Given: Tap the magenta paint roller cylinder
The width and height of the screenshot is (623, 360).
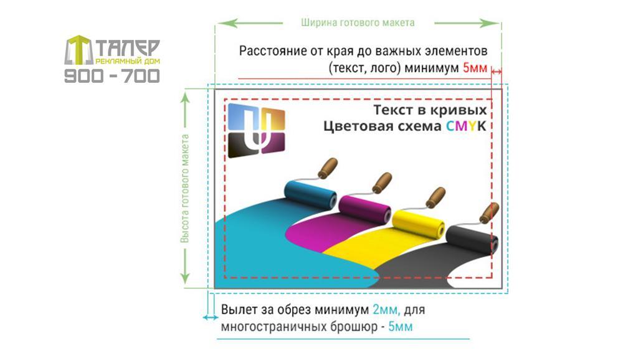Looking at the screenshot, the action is point(364,209).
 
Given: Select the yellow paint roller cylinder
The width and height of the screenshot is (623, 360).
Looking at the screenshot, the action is point(419,224).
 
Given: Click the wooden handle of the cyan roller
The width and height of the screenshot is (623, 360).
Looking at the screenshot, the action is point(328,168).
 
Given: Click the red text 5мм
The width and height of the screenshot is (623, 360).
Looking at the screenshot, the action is point(475,69).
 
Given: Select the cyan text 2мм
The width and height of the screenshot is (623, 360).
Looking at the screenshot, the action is point(386,310).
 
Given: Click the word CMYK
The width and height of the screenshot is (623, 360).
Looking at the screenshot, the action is point(466,126).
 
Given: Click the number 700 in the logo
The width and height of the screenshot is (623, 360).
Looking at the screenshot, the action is point(141,75).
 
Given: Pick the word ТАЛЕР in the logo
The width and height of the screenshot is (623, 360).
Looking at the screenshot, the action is point(128,48).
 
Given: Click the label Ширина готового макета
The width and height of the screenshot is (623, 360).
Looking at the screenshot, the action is point(358,22).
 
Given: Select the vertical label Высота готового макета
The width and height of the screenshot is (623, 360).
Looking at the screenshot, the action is point(185,188).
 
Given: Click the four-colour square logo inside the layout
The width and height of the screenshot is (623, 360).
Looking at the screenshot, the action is point(256,131).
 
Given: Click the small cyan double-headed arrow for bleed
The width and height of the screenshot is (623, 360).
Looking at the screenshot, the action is point(210,318).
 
